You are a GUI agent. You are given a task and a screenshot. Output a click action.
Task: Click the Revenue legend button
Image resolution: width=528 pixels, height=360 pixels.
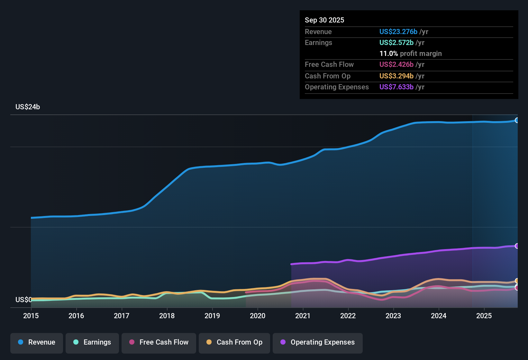pyautogui.click(x=37, y=342)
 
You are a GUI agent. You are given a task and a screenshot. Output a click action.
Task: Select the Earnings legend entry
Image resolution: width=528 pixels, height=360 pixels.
pyautogui.click(x=92, y=342)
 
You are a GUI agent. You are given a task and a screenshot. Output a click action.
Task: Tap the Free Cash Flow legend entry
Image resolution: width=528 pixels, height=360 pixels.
pyautogui.click(x=159, y=342)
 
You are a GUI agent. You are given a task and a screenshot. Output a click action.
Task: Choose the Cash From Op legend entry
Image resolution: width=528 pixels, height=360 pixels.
pyautogui.click(x=234, y=342)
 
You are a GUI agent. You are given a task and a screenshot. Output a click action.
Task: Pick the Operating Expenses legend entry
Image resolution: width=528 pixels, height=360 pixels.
pyautogui.click(x=318, y=342)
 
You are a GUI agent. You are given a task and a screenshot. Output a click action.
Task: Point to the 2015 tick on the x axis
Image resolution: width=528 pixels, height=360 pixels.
pyautogui.click(x=31, y=316)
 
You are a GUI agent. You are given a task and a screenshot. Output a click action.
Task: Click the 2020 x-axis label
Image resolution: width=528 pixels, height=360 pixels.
pyautogui.click(x=258, y=316)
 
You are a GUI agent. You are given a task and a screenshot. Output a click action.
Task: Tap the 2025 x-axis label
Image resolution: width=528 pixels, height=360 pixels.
pyautogui.click(x=484, y=316)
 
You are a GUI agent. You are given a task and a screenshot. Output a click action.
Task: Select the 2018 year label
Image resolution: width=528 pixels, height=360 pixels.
pyautogui.click(x=167, y=316)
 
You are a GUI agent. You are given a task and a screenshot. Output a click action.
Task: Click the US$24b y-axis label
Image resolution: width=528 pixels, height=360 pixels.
pyautogui.click(x=28, y=107)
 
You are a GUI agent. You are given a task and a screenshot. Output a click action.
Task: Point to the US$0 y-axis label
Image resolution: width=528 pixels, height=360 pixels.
pyautogui.click(x=23, y=300)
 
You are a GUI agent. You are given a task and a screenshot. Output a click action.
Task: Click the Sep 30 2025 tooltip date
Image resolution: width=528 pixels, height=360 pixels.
pyautogui.click(x=324, y=20)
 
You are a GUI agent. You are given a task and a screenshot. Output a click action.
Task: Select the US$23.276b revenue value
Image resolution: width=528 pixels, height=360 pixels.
pyautogui.click(x=398, y=32)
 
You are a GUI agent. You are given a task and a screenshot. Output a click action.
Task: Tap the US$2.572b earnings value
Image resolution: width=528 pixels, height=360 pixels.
pyautogui.click(x=396, y=43)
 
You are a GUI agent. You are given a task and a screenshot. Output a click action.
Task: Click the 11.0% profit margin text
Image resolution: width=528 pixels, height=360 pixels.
pyautogui.click(x=410, y=54)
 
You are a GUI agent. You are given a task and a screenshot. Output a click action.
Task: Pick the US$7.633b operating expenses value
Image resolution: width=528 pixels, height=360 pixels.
pyautogui.click(x=396, y=87)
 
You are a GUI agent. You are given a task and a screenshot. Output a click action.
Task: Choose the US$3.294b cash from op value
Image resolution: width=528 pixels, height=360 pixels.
pyautogui.click(x=396, y=76)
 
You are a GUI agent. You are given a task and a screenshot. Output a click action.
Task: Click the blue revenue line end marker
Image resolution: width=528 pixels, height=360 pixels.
pyautogui.click(x=517, y=120)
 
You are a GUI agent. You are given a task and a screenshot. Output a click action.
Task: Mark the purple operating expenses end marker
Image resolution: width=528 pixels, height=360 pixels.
pyautogui.click(x=517, y=246)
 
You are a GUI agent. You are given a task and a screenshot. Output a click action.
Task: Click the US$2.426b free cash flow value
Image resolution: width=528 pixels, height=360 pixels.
pyautogui.click(x=396, y=65)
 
